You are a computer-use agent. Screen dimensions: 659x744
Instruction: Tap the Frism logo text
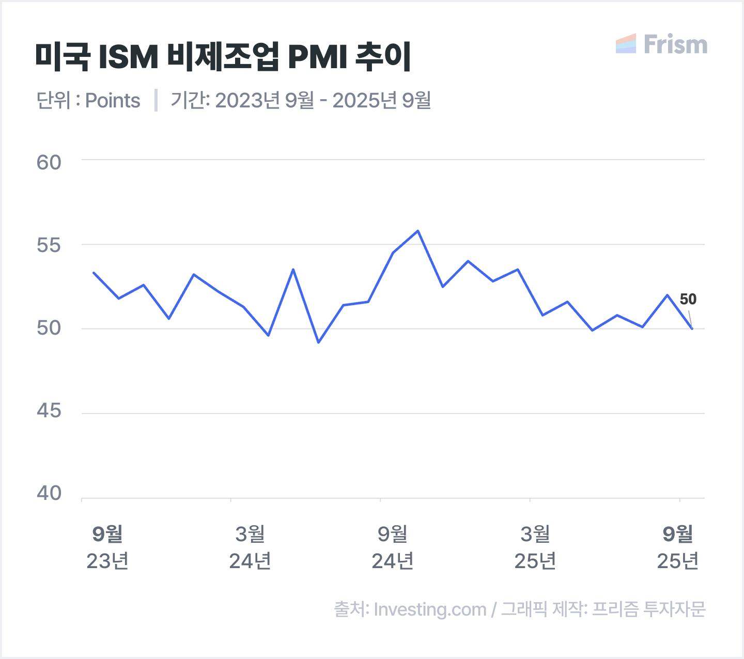675,45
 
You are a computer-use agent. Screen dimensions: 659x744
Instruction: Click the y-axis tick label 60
49,163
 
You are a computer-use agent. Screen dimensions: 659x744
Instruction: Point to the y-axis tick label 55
49,245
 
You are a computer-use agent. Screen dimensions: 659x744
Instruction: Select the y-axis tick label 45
49,411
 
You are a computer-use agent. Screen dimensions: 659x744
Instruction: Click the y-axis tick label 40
49,494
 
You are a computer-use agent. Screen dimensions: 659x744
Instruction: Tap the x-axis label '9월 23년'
107,547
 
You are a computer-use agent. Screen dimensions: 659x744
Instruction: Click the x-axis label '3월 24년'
250,547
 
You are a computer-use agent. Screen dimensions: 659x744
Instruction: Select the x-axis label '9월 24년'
393,547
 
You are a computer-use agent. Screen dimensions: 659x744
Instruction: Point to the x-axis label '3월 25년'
535,547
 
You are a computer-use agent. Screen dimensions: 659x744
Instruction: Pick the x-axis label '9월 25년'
678,547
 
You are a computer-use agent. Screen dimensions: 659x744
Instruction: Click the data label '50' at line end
688,299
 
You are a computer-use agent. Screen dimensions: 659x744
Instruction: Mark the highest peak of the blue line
418,231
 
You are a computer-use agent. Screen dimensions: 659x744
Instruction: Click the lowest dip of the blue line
318,342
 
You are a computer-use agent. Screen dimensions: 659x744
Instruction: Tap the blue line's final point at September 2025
692,328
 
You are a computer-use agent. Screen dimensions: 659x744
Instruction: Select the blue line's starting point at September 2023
94,272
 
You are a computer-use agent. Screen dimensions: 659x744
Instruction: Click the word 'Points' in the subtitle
113,101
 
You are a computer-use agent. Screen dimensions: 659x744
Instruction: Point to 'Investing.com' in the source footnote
430,609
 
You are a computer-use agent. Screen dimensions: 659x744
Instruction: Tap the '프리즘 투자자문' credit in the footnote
648,609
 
